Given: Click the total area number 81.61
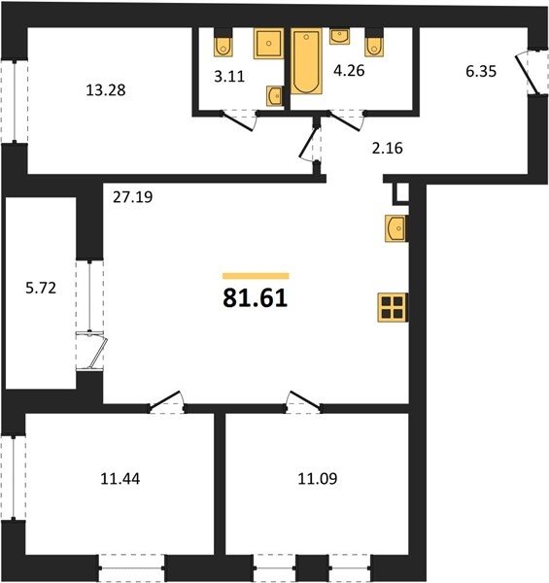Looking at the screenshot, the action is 256,298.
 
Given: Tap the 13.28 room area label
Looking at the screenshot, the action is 106,90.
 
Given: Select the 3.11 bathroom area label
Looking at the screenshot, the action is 229,76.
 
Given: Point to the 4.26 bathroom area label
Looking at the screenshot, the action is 349,70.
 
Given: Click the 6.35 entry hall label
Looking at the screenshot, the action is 481,71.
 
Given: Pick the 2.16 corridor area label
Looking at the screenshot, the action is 388,148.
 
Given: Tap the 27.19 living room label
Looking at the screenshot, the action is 133,197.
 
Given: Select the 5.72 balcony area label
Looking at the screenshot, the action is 41,289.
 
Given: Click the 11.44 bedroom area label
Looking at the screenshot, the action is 120,479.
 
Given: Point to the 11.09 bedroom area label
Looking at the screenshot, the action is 318,479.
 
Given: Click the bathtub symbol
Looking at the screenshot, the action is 306,61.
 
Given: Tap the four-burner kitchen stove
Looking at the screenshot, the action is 393,307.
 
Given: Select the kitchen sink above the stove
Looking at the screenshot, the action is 396,228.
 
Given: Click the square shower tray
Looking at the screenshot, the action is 268,43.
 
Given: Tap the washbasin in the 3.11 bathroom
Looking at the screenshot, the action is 275,96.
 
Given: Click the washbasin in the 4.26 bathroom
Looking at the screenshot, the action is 339,37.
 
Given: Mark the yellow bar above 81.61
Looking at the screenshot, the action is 256,276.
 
